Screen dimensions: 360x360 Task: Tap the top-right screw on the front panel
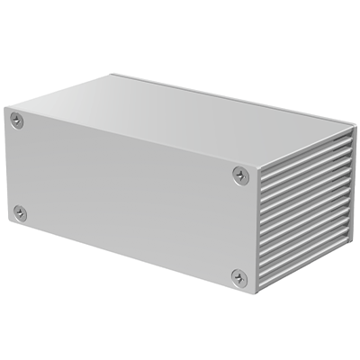click(238, 174)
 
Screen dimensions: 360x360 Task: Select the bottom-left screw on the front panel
click(20, 212)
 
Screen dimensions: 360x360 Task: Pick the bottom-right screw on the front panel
click(238, 277)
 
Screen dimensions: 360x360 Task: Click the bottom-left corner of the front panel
click(8, 224)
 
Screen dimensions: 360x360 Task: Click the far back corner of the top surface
click(113, 75)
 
